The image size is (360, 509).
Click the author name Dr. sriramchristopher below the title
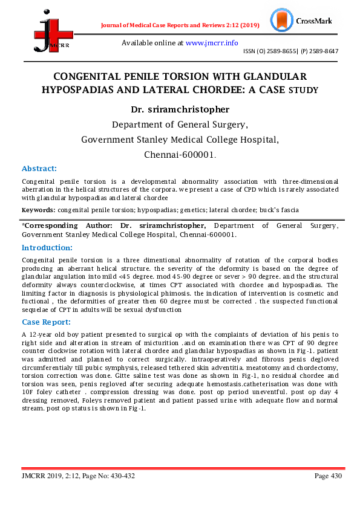[x=180, y=110]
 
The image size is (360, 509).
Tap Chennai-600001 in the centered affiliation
[x=180, y=155]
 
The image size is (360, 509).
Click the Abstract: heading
[x=39, y=169]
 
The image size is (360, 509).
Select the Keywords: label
[x=39, y=210]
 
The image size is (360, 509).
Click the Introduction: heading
[x=47, y=248]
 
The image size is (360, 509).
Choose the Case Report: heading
[x=46, y=322]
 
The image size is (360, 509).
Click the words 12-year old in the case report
[x=47, y=334]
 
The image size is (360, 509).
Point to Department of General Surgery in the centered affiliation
[x=180, y=125]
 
